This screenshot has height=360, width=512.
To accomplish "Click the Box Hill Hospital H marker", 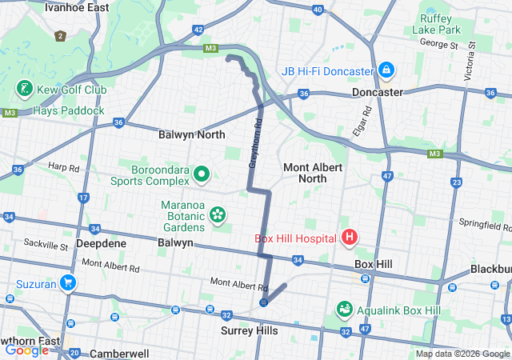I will [x=349, y=238].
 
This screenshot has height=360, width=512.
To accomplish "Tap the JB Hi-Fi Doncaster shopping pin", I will [x=387, y=70].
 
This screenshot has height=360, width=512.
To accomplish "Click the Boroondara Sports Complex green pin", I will [x=202, y=174].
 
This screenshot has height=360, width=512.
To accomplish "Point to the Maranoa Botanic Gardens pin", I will [x=217, y=214].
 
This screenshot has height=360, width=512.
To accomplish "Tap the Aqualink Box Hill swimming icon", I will [x=346, y=308].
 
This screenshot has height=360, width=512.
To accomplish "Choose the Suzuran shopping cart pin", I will [x=68, y=282].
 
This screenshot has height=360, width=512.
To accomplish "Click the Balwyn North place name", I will [x=192, y=135].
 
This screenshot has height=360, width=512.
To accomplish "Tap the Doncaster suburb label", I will [x=378, y=92].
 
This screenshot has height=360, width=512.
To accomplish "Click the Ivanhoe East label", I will [x=77, y=7].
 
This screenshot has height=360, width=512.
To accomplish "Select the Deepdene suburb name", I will [x=98, y=242].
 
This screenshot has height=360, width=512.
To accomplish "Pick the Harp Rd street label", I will [x=64, y=168].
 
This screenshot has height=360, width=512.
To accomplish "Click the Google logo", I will [x=26, y=350].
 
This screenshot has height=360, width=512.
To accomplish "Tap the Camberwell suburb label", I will [x=119, y=353].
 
